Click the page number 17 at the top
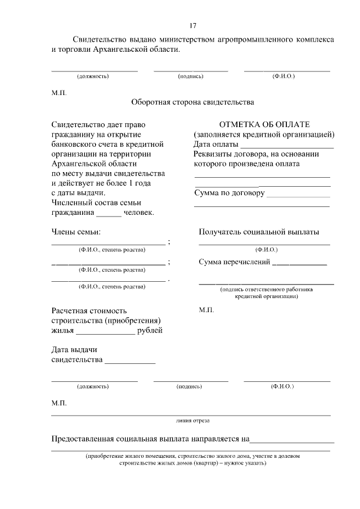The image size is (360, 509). coord(193,26)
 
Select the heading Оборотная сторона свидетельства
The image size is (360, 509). coord(192,102)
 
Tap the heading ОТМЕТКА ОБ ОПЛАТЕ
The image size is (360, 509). coord(264,124)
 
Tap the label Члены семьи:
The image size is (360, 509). coord(76,232)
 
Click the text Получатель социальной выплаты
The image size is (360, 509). coord(259,232)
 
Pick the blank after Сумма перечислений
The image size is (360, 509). coord(299,263)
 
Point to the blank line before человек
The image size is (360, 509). coord(109,214)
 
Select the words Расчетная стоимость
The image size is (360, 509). coord(89,310)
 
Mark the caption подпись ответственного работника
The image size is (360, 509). coord(266,290)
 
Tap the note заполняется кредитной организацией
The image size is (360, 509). coord(264,134)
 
